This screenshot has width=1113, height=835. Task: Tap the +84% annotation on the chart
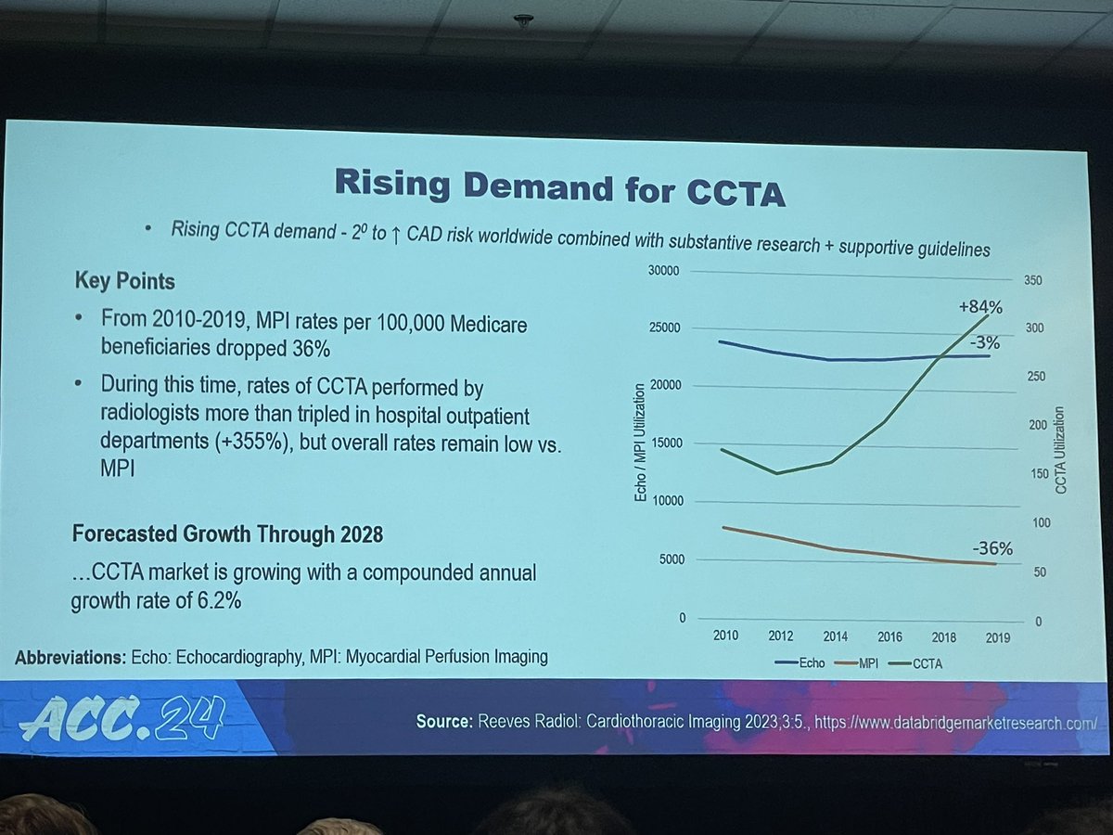coord(979,307)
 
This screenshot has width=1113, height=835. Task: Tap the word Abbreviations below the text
coord(66,657)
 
